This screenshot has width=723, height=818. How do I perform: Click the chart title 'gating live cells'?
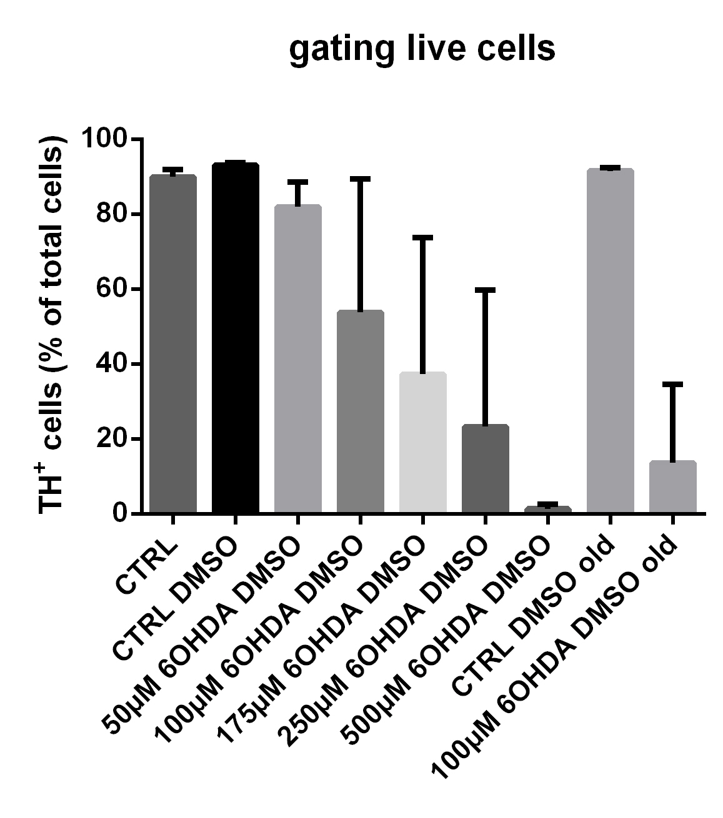[x=422, y=49]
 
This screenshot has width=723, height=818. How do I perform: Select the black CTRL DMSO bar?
[x=235, y=337]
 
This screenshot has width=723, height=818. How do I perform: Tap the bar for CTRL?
[x=173, y=343]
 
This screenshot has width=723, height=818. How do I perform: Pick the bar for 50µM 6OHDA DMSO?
[x=298, y=359]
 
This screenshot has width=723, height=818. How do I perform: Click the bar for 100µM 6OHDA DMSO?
[x=360, y=412]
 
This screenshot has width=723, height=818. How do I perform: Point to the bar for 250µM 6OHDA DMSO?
[x=485, y=468]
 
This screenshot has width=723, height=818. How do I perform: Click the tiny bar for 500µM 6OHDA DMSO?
[x=547, y=510]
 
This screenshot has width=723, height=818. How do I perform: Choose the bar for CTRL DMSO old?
[x=610, y=340]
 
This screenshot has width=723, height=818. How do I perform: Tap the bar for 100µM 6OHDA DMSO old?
[x=672, y=487]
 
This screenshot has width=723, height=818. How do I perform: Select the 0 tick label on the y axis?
[x=120, y=514]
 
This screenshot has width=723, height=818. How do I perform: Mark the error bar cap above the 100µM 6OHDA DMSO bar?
[x=360, y=179]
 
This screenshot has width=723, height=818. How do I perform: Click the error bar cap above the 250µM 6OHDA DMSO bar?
[x=485, y=290]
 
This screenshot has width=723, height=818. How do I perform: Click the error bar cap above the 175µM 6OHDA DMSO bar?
[x=422, y=237]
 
